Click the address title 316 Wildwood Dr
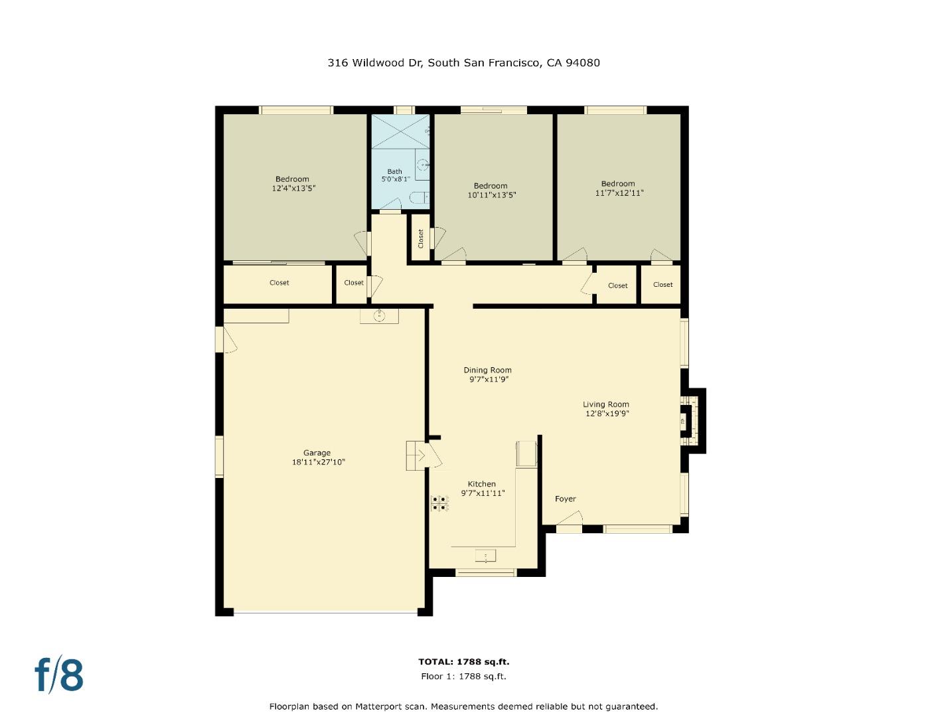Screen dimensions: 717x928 point(463,63)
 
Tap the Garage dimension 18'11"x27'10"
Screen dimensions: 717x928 point(318,463)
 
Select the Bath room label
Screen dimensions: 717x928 point(394,172)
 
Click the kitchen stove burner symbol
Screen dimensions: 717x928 point(439,503)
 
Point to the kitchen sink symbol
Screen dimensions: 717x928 point(485,556)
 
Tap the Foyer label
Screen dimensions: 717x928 point(565,499)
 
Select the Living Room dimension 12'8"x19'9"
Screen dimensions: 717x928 point(607,414)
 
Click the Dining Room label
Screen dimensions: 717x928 point(487,370)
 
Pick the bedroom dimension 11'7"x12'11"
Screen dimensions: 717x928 point(619,193)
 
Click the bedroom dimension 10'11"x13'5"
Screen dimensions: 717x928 point(491,195)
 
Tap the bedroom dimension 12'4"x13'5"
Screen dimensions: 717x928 point(293,189)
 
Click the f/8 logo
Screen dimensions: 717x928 point(59,675)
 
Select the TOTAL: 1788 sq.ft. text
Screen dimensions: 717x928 point(463,662)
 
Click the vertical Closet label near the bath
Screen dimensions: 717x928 point(420,238)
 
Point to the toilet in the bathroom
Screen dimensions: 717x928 point(418,197)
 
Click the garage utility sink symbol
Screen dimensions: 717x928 point(379,316)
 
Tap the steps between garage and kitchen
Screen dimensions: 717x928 point(416,456)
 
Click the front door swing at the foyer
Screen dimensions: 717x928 point(573,517)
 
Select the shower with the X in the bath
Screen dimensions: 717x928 point(400,131)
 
